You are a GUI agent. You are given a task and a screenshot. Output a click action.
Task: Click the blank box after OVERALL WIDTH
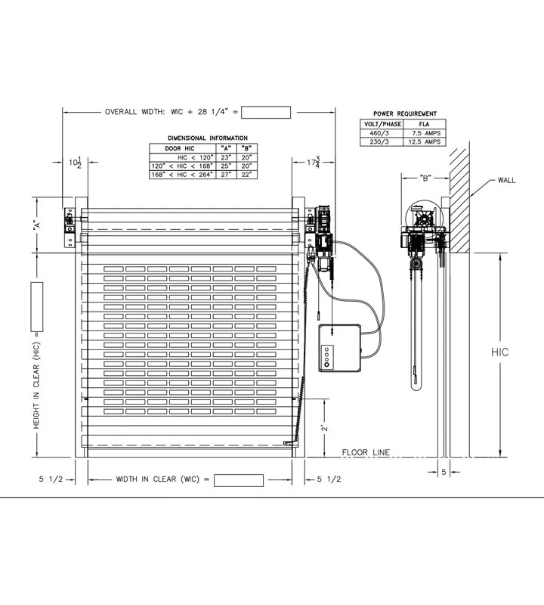point(266,113)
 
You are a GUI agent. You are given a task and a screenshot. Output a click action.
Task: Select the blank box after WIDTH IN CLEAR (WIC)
point(239,480)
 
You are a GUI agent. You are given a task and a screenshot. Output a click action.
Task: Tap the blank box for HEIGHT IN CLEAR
point(36,307)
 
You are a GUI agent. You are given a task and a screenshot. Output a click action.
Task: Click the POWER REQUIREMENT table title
point(405,113)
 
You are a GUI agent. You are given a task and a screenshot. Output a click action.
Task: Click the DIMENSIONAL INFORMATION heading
point(207,138)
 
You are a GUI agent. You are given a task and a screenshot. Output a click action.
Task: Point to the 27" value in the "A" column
point(225,174)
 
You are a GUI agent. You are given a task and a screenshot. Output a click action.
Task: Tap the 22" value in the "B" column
point(246,174)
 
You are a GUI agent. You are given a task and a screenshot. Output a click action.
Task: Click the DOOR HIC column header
point(180,148)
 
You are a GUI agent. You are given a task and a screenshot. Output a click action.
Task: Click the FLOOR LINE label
point(366,453)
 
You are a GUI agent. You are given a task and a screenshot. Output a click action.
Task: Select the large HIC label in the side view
point(500,352)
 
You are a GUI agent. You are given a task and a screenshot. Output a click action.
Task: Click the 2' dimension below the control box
point(323,427)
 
